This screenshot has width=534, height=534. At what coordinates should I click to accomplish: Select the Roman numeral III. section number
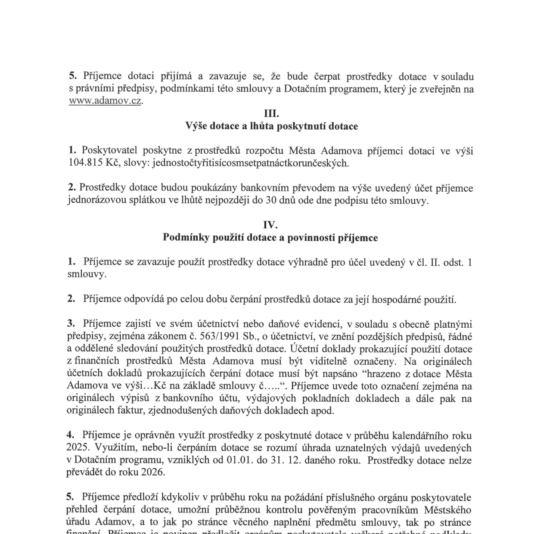[x=271, y=114]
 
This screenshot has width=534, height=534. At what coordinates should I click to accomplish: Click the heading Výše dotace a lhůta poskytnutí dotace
[x=271, y=126]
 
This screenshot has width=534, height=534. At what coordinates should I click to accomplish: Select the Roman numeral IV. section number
[x=270, y=225]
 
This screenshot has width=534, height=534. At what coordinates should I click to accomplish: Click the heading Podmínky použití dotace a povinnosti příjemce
[x=270, y=238]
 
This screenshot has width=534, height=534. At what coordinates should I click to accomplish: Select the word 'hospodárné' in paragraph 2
[x=395, y=300]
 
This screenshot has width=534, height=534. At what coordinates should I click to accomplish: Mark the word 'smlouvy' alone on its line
[x=86, y=275]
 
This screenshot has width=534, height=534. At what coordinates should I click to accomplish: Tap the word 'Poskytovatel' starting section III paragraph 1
[x=109, y=151]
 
